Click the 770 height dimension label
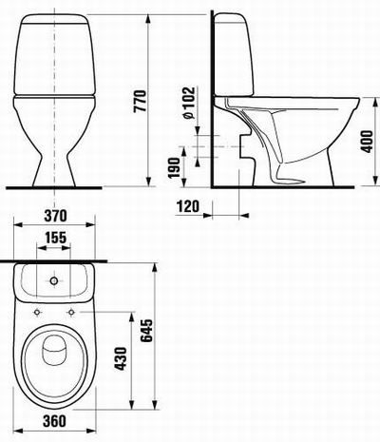point(140,101)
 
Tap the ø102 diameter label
point(189,103)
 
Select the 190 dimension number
point(175,168)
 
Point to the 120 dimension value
point(188,206)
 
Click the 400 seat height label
point(368,142)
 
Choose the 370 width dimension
point(55,216)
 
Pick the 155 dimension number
point(55,238)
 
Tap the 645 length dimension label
point(146,331)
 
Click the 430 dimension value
point(121,359)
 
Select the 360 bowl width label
point(55,421)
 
